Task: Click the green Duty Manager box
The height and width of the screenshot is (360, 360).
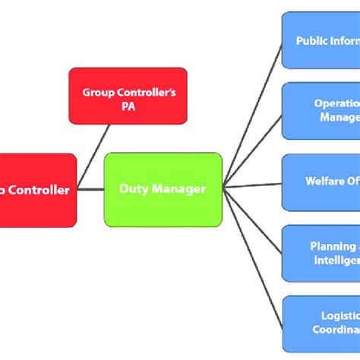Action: [x=163, y=189]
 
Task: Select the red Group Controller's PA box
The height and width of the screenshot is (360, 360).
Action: [x=128, y=97]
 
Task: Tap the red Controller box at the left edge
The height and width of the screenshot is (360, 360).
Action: [x=38, y=190]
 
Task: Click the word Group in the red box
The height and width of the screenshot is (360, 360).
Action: [x=99, y=93]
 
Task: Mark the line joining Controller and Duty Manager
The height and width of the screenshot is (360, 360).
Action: [x=90, y=189]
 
